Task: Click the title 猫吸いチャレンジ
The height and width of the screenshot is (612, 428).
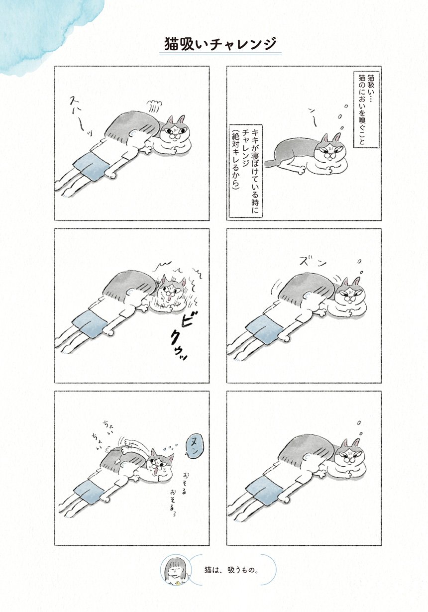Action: tap(220, 44)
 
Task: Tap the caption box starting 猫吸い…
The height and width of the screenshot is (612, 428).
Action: tap(366, 109)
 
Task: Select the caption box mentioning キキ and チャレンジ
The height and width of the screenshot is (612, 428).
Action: tap(245, 171)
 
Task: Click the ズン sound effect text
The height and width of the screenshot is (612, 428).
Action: tap(309, 262)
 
